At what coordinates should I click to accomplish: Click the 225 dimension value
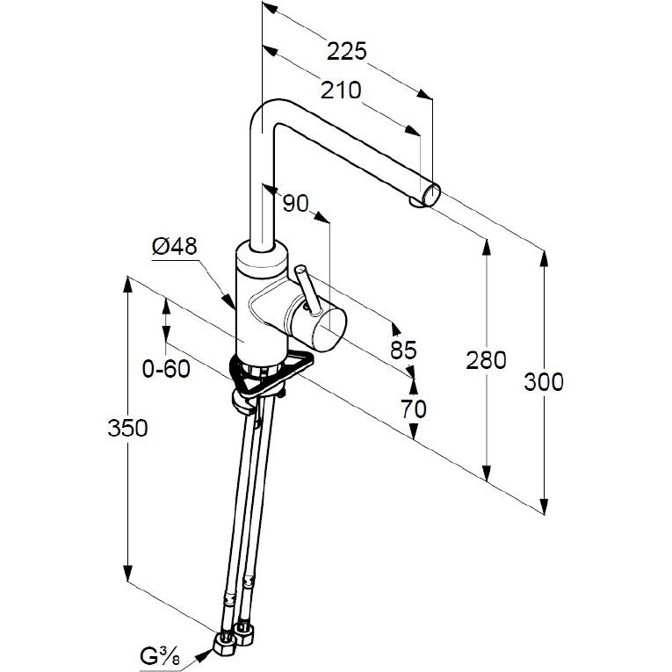pyautogui.click(x=346, y=51)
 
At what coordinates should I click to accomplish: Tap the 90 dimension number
pyautogui.click(x=296, y=203)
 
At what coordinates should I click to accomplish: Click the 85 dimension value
pyautogui.click(x=402, y=350)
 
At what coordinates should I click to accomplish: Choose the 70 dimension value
pyautogui.click(x=413, y=408)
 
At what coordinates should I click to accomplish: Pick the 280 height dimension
pyautogui.click(x=487, y=359)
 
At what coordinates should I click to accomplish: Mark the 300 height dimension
pyautogui.click(x=544, y=381)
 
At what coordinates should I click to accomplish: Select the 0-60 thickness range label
pyautogui.click(x=166, y=369)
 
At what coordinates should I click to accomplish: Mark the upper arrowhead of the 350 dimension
pyautogui.click(x=128, y=286)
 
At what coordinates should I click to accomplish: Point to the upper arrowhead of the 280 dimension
pyautogui.click(x=487, y=245)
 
